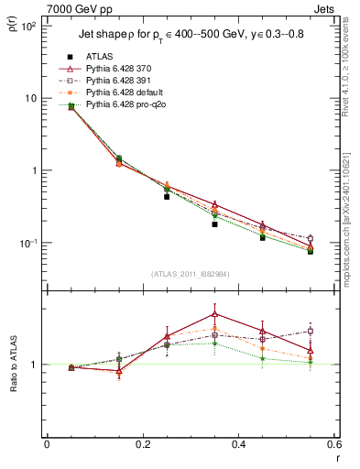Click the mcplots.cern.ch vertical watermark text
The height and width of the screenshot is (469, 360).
click(x=352, y=211)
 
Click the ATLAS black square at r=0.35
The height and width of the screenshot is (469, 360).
click(x=214, y=224)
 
